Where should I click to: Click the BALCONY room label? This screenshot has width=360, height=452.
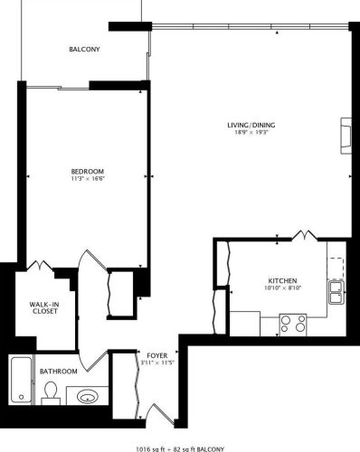(x=84, y=50)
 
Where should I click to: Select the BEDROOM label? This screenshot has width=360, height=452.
(x=88, y=172)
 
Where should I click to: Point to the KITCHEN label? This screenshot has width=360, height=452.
(x=282, y=281)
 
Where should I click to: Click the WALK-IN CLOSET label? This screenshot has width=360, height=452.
(x=43, y=307)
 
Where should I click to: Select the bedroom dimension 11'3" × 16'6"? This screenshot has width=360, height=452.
(x=88, y=180)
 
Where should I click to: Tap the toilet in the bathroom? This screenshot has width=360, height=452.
(x=51, y=392)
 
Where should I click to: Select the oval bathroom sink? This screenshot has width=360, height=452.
(x=88, y=395)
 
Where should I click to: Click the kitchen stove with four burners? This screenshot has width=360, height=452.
(x=292, y=322)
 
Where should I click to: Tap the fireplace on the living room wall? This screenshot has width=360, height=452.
(x=345, y=133)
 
